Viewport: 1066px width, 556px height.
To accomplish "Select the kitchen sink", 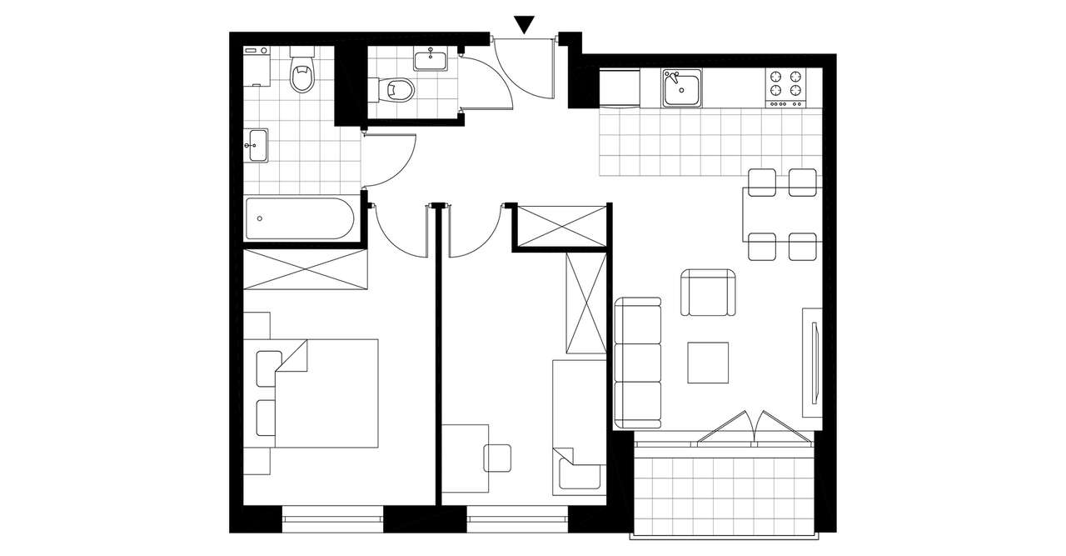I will click(x=683, y=88).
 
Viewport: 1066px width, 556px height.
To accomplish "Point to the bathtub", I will click(x=300, y=218).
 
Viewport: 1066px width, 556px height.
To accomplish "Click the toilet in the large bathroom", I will click(x=301, y=74).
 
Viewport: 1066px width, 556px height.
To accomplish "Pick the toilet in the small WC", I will click(x=394, y=88).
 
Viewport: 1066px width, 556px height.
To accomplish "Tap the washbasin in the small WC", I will click(x=431, y=59).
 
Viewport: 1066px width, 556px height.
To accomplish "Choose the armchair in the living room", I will click(x=709, y=293).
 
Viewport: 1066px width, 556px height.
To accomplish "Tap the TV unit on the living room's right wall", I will click(x=812, y=362).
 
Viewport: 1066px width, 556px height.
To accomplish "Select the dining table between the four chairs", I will click(x=783, y=214).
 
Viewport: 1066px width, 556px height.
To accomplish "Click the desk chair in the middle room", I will click(x=497, y=458).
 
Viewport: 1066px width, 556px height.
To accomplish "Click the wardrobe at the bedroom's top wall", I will click(x=305, y=269).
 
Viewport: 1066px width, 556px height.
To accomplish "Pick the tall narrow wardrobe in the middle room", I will click(x=585, y=304).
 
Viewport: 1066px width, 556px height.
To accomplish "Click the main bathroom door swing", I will click(x=390, y=160).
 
